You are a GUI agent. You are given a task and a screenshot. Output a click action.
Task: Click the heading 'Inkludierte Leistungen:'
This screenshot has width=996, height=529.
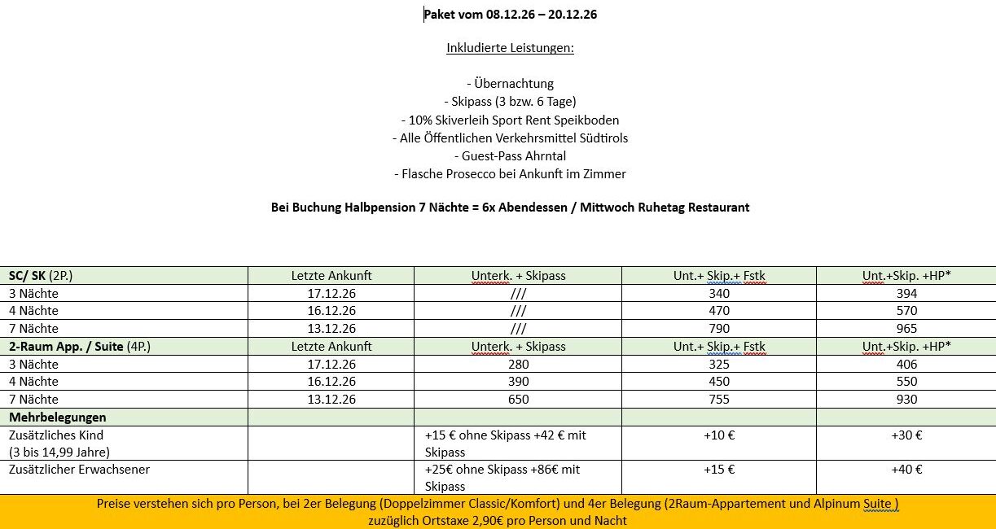click(x=510, y=48)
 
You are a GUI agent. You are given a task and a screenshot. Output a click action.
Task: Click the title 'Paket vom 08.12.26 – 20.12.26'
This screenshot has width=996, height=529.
click(x=511, y=14)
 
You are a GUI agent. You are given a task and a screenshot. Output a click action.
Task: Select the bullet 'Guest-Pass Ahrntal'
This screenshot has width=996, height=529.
click(x=510, y=155)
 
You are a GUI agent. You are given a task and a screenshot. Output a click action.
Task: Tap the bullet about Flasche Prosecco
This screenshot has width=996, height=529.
click(x=510, y=173)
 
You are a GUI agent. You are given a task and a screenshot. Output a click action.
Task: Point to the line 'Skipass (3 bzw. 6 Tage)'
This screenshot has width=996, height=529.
click(x=510, y=101)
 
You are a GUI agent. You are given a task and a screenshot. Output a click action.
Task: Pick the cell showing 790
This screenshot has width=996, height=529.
click(x=719, y=329)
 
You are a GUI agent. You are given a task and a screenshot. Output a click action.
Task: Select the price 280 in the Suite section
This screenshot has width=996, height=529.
click(x=518, y=365)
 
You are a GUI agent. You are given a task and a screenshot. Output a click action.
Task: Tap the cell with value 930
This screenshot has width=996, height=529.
click(x=906, y=400)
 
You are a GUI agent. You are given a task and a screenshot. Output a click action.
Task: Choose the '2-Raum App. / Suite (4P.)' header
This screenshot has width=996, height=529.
click(x=80, y=347)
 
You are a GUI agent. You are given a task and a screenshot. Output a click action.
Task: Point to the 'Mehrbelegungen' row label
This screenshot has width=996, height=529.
click(x=57, y=418)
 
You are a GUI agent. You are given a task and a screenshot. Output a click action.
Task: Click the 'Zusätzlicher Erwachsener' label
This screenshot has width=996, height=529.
click(x=79, y=470)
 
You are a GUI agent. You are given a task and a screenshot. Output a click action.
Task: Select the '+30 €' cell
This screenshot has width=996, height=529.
click(x=906, y=435)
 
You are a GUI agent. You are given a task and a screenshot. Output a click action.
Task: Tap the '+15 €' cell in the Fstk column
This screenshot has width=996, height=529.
click(x=719, y=470)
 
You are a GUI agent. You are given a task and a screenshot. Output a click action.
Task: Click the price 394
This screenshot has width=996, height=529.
click(x=906, y=293)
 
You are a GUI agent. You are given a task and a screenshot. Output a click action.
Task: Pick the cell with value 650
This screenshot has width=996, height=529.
click(x=518, y=400)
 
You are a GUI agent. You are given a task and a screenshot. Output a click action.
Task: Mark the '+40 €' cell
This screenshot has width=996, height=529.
click(x=906, y=470)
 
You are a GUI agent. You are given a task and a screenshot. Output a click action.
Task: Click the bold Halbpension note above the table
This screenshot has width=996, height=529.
click(x=510, y=207)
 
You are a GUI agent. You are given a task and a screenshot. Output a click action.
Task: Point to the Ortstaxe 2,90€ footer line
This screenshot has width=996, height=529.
click(x=497, y=521)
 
